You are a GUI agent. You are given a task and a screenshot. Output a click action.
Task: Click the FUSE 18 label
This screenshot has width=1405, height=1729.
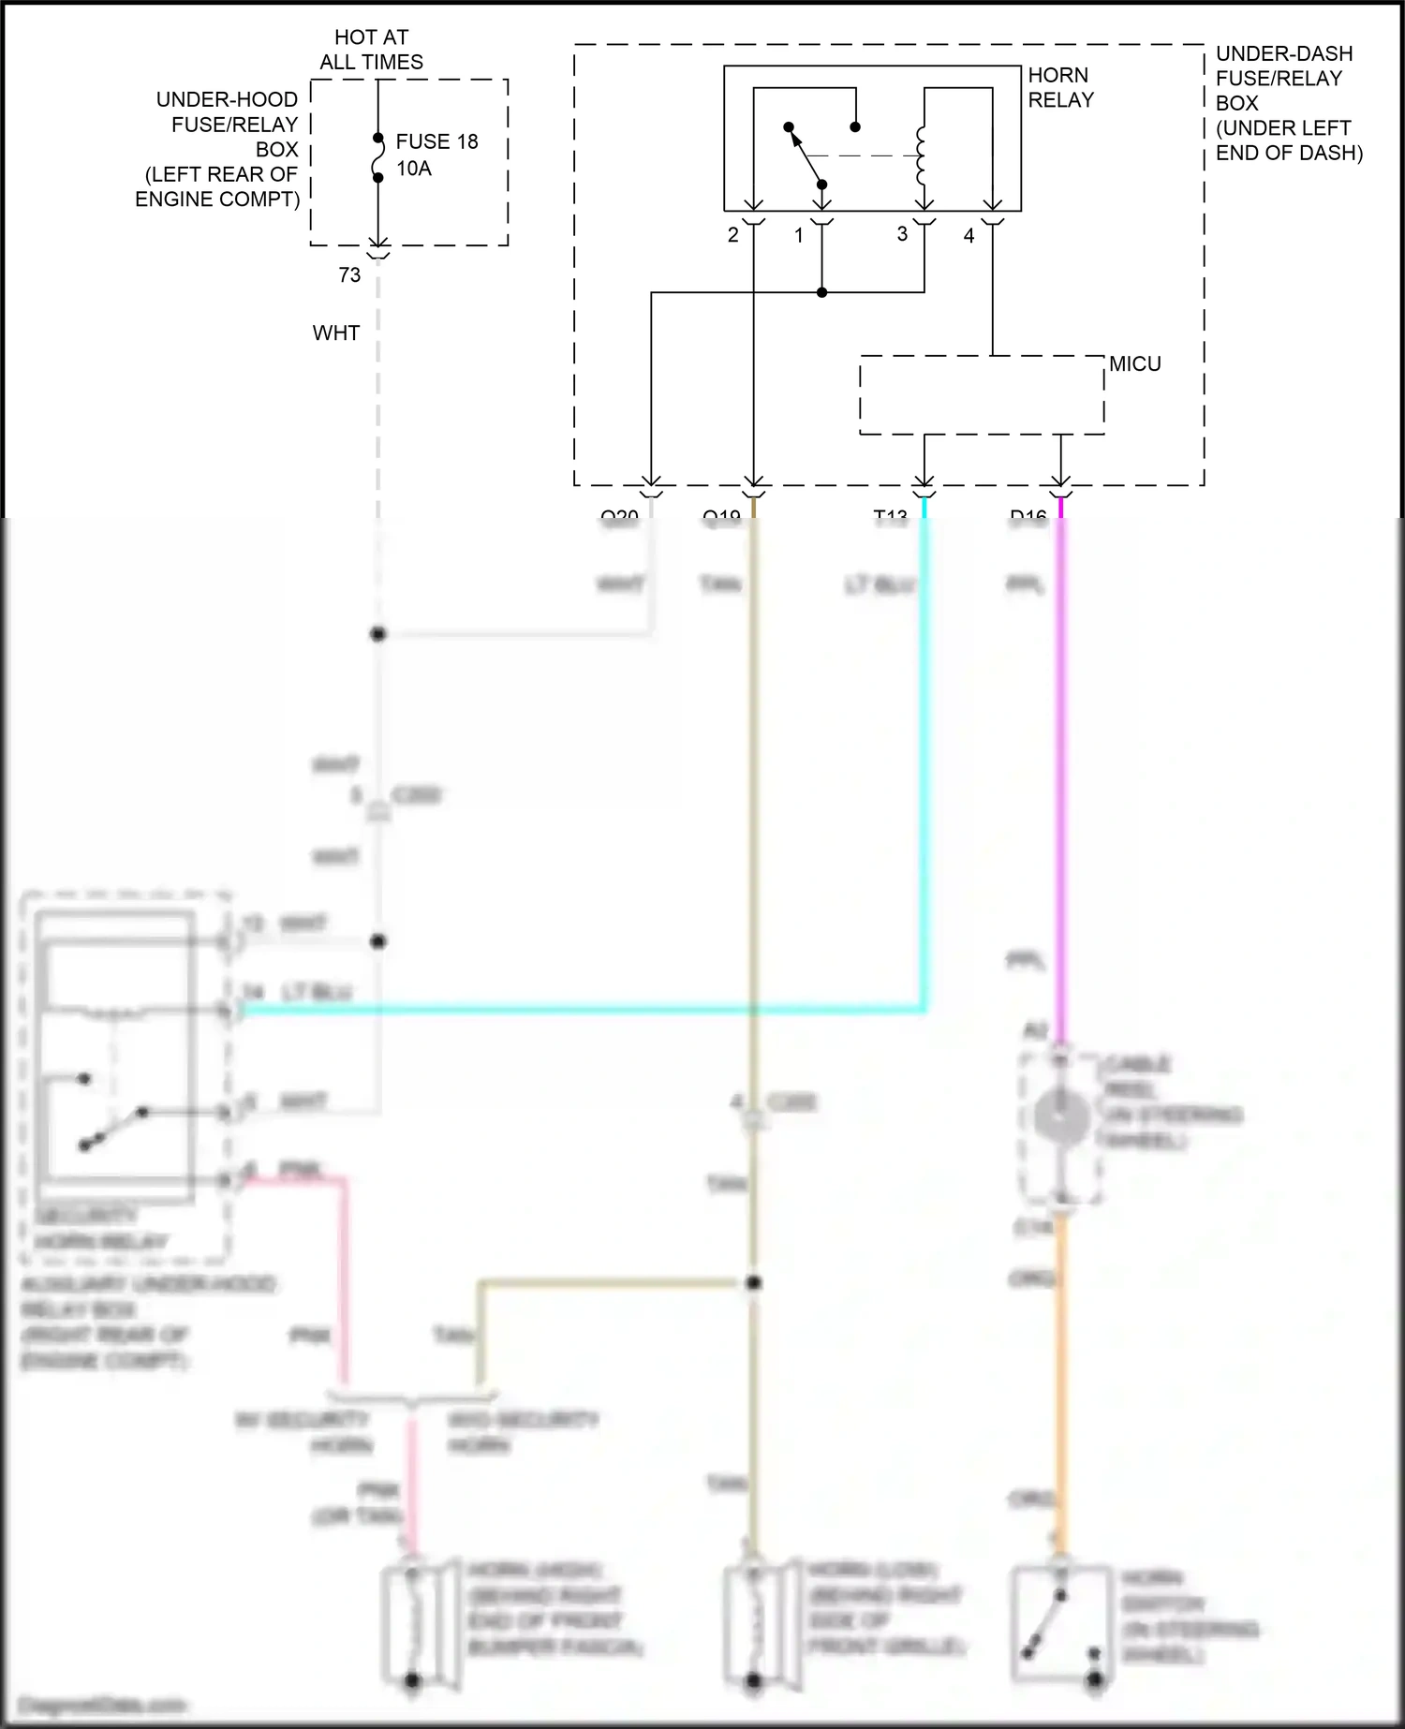[436, 141]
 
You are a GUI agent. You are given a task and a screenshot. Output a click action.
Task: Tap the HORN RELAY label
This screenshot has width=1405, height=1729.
[1060, 87]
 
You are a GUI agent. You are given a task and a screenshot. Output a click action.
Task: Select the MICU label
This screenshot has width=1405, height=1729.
[1135, 363]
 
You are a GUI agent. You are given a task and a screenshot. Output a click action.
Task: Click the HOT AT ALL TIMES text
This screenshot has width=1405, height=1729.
[371, 50]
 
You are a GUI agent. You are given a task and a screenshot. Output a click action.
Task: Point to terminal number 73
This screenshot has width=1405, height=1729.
[349, 274]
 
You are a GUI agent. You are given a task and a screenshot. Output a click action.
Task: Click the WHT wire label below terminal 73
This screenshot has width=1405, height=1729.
[336, 332]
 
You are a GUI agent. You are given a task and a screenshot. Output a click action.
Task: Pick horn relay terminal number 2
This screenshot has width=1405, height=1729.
[733, 235]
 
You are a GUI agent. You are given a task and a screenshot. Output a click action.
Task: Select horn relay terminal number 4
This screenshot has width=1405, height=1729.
[969, 235]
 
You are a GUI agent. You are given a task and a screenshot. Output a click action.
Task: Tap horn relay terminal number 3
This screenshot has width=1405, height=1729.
[902, 233]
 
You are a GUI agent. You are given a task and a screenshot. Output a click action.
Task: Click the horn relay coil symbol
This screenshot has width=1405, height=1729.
[922, 155]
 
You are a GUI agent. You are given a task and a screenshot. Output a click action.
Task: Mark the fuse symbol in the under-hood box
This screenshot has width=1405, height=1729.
[378, 157]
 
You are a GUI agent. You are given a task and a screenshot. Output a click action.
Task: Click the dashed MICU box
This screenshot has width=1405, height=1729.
[982, 394]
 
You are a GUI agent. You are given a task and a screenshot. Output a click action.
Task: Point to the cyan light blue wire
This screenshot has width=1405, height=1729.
[924, 749]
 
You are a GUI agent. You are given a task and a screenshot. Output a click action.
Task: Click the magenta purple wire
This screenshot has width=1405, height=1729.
[1060, 749]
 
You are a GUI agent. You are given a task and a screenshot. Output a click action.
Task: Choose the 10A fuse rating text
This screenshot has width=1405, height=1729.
[414, 169]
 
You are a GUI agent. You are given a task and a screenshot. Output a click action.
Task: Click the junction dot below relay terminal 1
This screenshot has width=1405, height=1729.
[821, 292]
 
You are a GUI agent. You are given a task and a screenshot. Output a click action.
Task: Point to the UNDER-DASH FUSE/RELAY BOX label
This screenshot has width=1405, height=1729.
[1289, 103]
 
